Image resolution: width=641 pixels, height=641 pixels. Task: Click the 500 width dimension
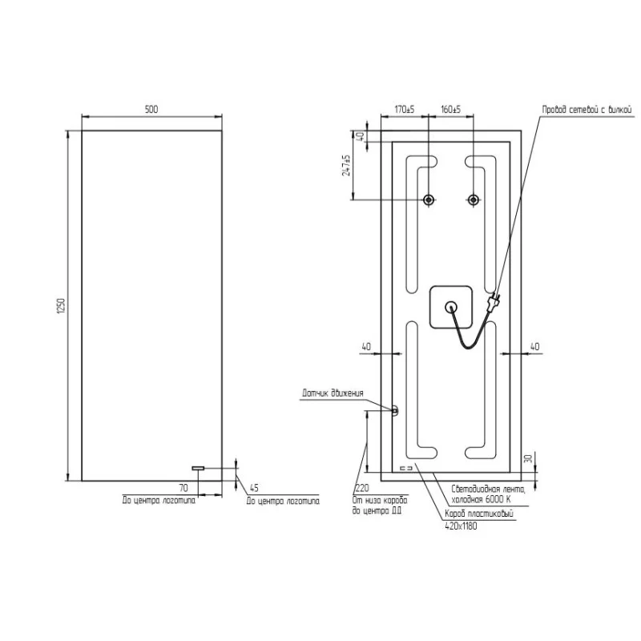pyautogui.click(x=151, y=109)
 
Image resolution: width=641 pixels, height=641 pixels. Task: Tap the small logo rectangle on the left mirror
pyautogui.click(x=199, y=468)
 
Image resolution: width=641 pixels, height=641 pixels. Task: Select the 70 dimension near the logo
pyautogui.click(x=183, y=487)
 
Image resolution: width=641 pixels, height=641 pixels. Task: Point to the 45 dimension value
pyautogui.click(x=254, y=487)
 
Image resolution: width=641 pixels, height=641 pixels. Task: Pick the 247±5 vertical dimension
pyautogui.click(x=347, y=166)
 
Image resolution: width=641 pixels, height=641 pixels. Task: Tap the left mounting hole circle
pyautogui.click(x=429, y=200)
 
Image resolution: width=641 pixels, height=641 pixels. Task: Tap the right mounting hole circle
pyautogui.click(x=474, y=200)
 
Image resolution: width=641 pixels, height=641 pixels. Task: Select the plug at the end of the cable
pyautogui.click(x=494, y=303)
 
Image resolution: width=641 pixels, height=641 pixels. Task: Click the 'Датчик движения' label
pyautogui.click(x=333, y=393)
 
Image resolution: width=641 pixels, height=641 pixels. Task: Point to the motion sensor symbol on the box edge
pyautogui.click(x=394, y=410)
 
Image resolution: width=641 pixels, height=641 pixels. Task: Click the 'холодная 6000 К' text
pyautogui.click(x=482, y=499)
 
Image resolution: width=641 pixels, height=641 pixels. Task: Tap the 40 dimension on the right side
pyautogui.click(x=535, y=346)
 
